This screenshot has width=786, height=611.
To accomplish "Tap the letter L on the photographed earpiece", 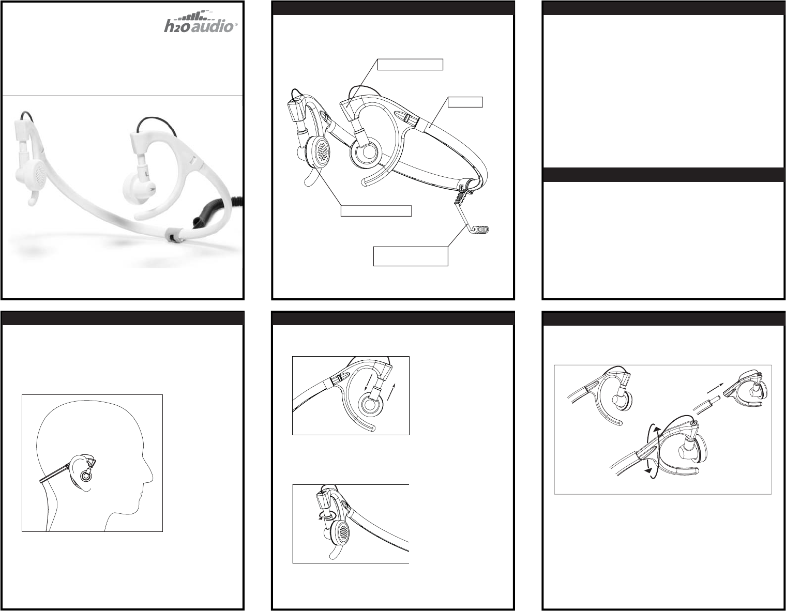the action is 146,174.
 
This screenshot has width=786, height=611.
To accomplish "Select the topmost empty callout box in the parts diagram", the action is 410,64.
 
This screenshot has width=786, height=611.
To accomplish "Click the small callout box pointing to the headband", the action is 465,102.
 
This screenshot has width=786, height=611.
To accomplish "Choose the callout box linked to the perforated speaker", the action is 376,211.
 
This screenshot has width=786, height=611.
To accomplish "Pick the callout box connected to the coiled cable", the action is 411,256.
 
